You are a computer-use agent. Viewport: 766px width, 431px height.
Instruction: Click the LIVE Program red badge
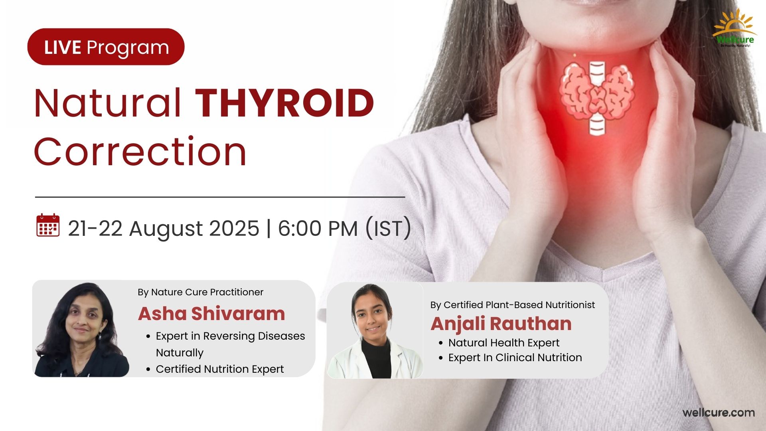coord(106,47)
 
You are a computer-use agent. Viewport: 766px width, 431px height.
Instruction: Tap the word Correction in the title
coord(140,152)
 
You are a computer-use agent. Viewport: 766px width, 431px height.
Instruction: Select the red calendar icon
coord(48,225)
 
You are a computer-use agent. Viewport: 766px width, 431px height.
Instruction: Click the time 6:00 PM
coord(318,229)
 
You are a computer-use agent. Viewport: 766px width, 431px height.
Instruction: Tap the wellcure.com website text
coord(719,413)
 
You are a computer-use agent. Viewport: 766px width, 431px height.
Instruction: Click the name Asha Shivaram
coord(211,314)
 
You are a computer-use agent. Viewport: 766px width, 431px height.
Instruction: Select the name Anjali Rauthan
coord(501,324)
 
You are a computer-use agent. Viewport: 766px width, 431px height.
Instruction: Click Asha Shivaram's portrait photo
coord(81,329)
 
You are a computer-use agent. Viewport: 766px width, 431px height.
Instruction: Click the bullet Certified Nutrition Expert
coord(220,369)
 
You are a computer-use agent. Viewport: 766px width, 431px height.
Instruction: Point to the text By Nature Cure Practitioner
coord(200,292)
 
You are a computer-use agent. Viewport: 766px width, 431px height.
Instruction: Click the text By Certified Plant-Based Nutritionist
coord(513,305)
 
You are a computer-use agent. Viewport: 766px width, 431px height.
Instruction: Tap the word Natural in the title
coord(108,103)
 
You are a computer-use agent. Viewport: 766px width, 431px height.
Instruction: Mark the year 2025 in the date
coord(234,229)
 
